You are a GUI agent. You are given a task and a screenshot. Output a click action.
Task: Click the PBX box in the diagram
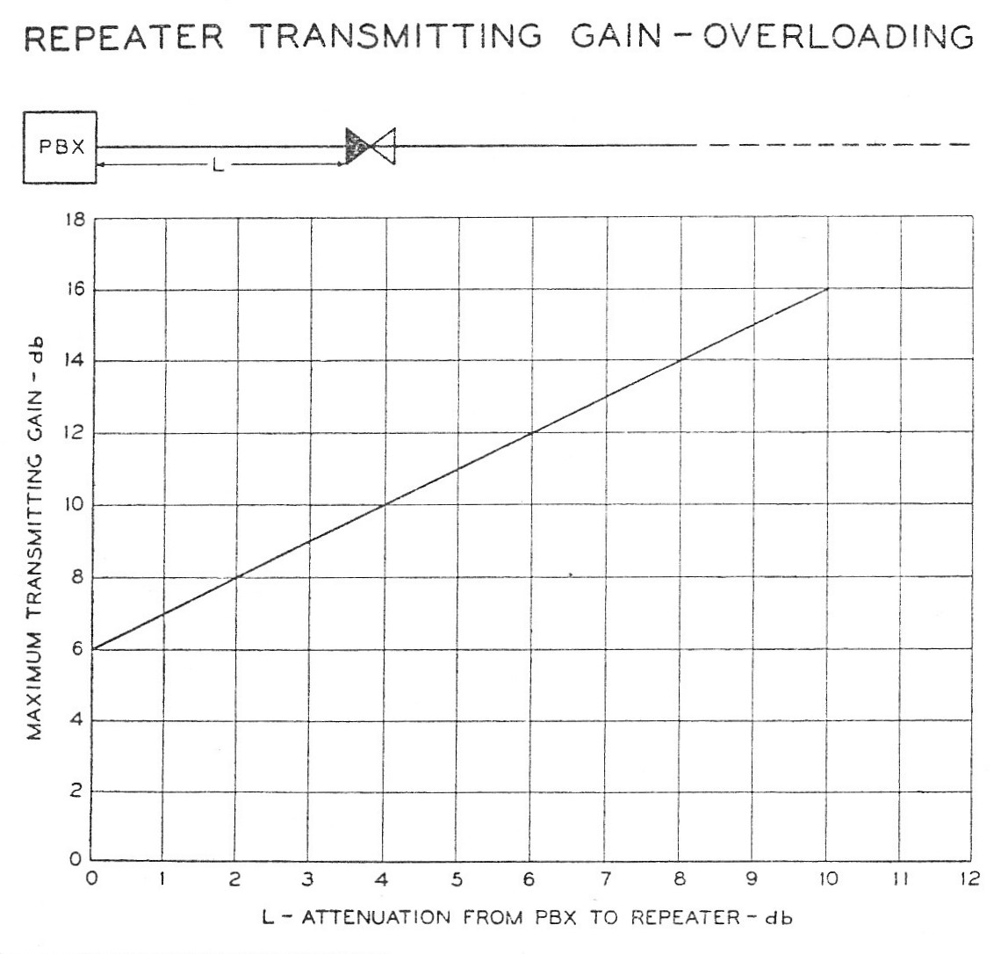[60, 147]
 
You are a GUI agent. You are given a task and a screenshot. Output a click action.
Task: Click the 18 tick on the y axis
[76, 220]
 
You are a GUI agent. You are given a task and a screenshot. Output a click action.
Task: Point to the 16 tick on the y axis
[76, 291]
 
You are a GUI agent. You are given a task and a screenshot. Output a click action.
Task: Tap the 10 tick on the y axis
[76, 506]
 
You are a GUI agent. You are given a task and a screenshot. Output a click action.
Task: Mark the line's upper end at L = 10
[826, 288]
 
